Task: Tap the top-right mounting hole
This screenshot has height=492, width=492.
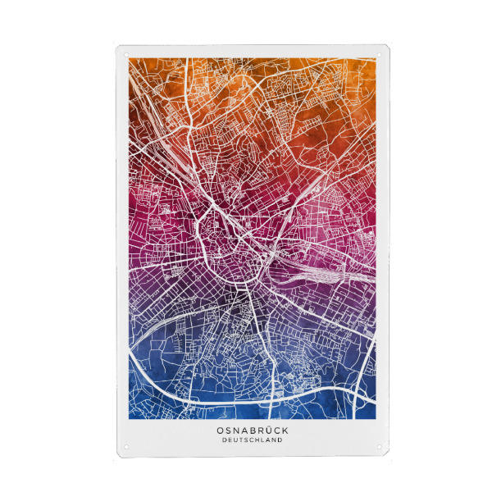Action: point(380,54)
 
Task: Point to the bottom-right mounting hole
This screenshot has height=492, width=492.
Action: point(380,449)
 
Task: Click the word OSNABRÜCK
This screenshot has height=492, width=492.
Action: point(253,429)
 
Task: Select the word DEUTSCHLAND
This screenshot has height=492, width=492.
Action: point(253,440)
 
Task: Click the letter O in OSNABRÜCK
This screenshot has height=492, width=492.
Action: point(220,429)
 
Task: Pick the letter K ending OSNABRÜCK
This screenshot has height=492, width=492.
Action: point(285,429)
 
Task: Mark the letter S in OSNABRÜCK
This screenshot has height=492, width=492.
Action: point(229,429)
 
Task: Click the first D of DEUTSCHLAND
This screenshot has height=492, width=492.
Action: point(224,440)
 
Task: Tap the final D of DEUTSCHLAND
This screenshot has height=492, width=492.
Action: point(281,440)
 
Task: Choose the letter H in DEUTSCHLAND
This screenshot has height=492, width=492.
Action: point(258,440)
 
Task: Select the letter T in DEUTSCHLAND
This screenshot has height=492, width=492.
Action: point(241,440)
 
